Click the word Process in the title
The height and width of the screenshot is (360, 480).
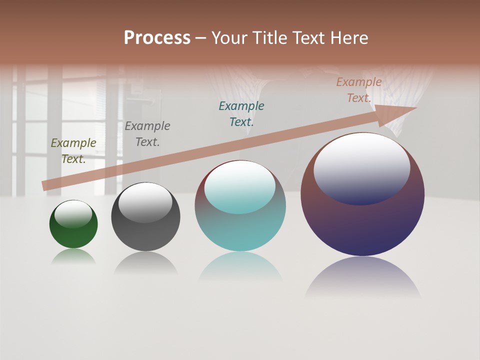[157, 38]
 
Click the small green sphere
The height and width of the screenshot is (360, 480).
[73, 235]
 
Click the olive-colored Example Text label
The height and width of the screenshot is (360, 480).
[73, 151]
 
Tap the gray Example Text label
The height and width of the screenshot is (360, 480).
[147, 134]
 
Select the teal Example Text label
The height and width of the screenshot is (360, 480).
[241, 113]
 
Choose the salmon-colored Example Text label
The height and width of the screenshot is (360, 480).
[359, 90]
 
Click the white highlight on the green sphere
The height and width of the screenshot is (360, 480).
[73, 214]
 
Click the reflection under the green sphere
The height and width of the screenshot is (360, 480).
[73, 257]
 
